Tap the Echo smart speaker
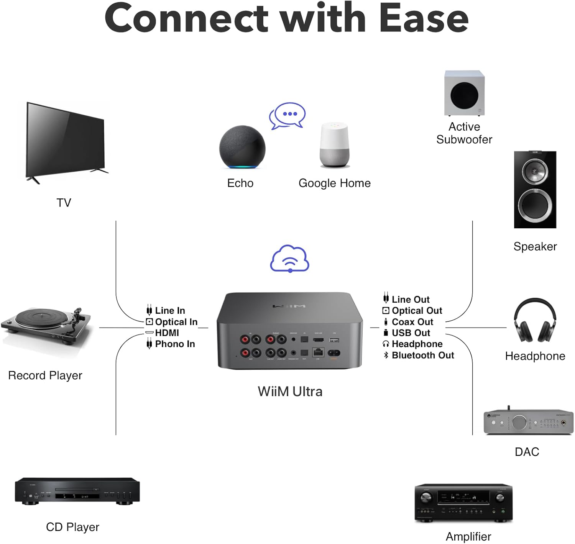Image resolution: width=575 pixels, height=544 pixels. click(242, 147)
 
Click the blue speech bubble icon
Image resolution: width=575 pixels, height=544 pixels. click(287, 115)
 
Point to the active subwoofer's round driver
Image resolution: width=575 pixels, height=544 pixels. click(464, 95)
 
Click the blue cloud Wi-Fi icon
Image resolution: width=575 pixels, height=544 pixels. click(290, 259)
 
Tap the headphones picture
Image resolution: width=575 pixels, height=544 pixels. click(535, 321)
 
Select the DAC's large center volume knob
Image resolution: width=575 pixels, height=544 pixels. click(519, 423)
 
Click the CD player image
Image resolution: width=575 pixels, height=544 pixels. click(77, 491)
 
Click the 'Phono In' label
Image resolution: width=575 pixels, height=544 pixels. click(175, 344)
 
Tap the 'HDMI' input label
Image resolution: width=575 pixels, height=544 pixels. click(167, 333)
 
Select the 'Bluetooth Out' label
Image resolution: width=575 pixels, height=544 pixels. click(423, 356)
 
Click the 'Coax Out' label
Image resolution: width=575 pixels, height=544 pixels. click(412, 322)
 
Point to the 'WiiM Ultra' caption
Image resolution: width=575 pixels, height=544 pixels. click(290, 392)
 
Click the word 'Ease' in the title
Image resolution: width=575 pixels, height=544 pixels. click(424, 18)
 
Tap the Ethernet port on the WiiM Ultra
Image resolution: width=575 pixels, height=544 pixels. click(317, 352)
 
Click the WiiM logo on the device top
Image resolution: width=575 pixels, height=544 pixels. click(289, 306)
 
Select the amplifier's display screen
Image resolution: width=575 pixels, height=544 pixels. click(463, 497)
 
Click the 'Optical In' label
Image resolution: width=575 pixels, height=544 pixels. click(176, 322)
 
